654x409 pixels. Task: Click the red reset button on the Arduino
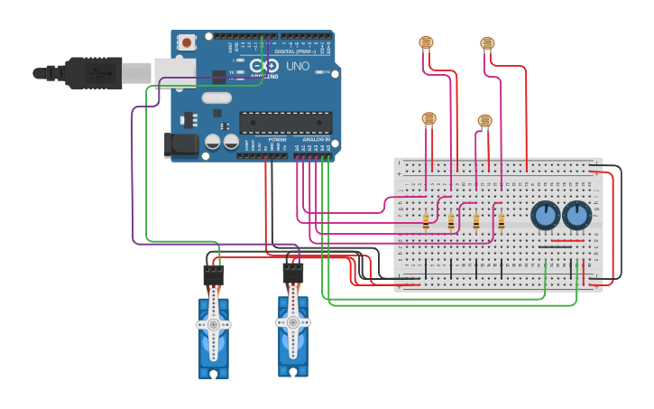pos(187,42)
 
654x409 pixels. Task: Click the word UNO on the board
pos(298,67)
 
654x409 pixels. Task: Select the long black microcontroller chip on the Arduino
pos(285,123)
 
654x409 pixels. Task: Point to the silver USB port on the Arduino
pos(169,71)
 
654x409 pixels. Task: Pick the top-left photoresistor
pos(426,42)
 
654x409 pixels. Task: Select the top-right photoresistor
pos(487,42)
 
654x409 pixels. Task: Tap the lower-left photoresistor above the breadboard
pos(428,117)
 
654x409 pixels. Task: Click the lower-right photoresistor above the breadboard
pos(484,120)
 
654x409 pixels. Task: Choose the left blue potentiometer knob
pos(545,216)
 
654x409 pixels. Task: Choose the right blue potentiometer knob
pos(576,216)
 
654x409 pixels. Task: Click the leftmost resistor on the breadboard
pos(426,221)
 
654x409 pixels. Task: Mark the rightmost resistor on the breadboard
pos(501,221)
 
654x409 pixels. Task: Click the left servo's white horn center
pos(214,323)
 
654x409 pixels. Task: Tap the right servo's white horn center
pos(292,321)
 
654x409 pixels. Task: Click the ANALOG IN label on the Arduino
pos(315,140)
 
